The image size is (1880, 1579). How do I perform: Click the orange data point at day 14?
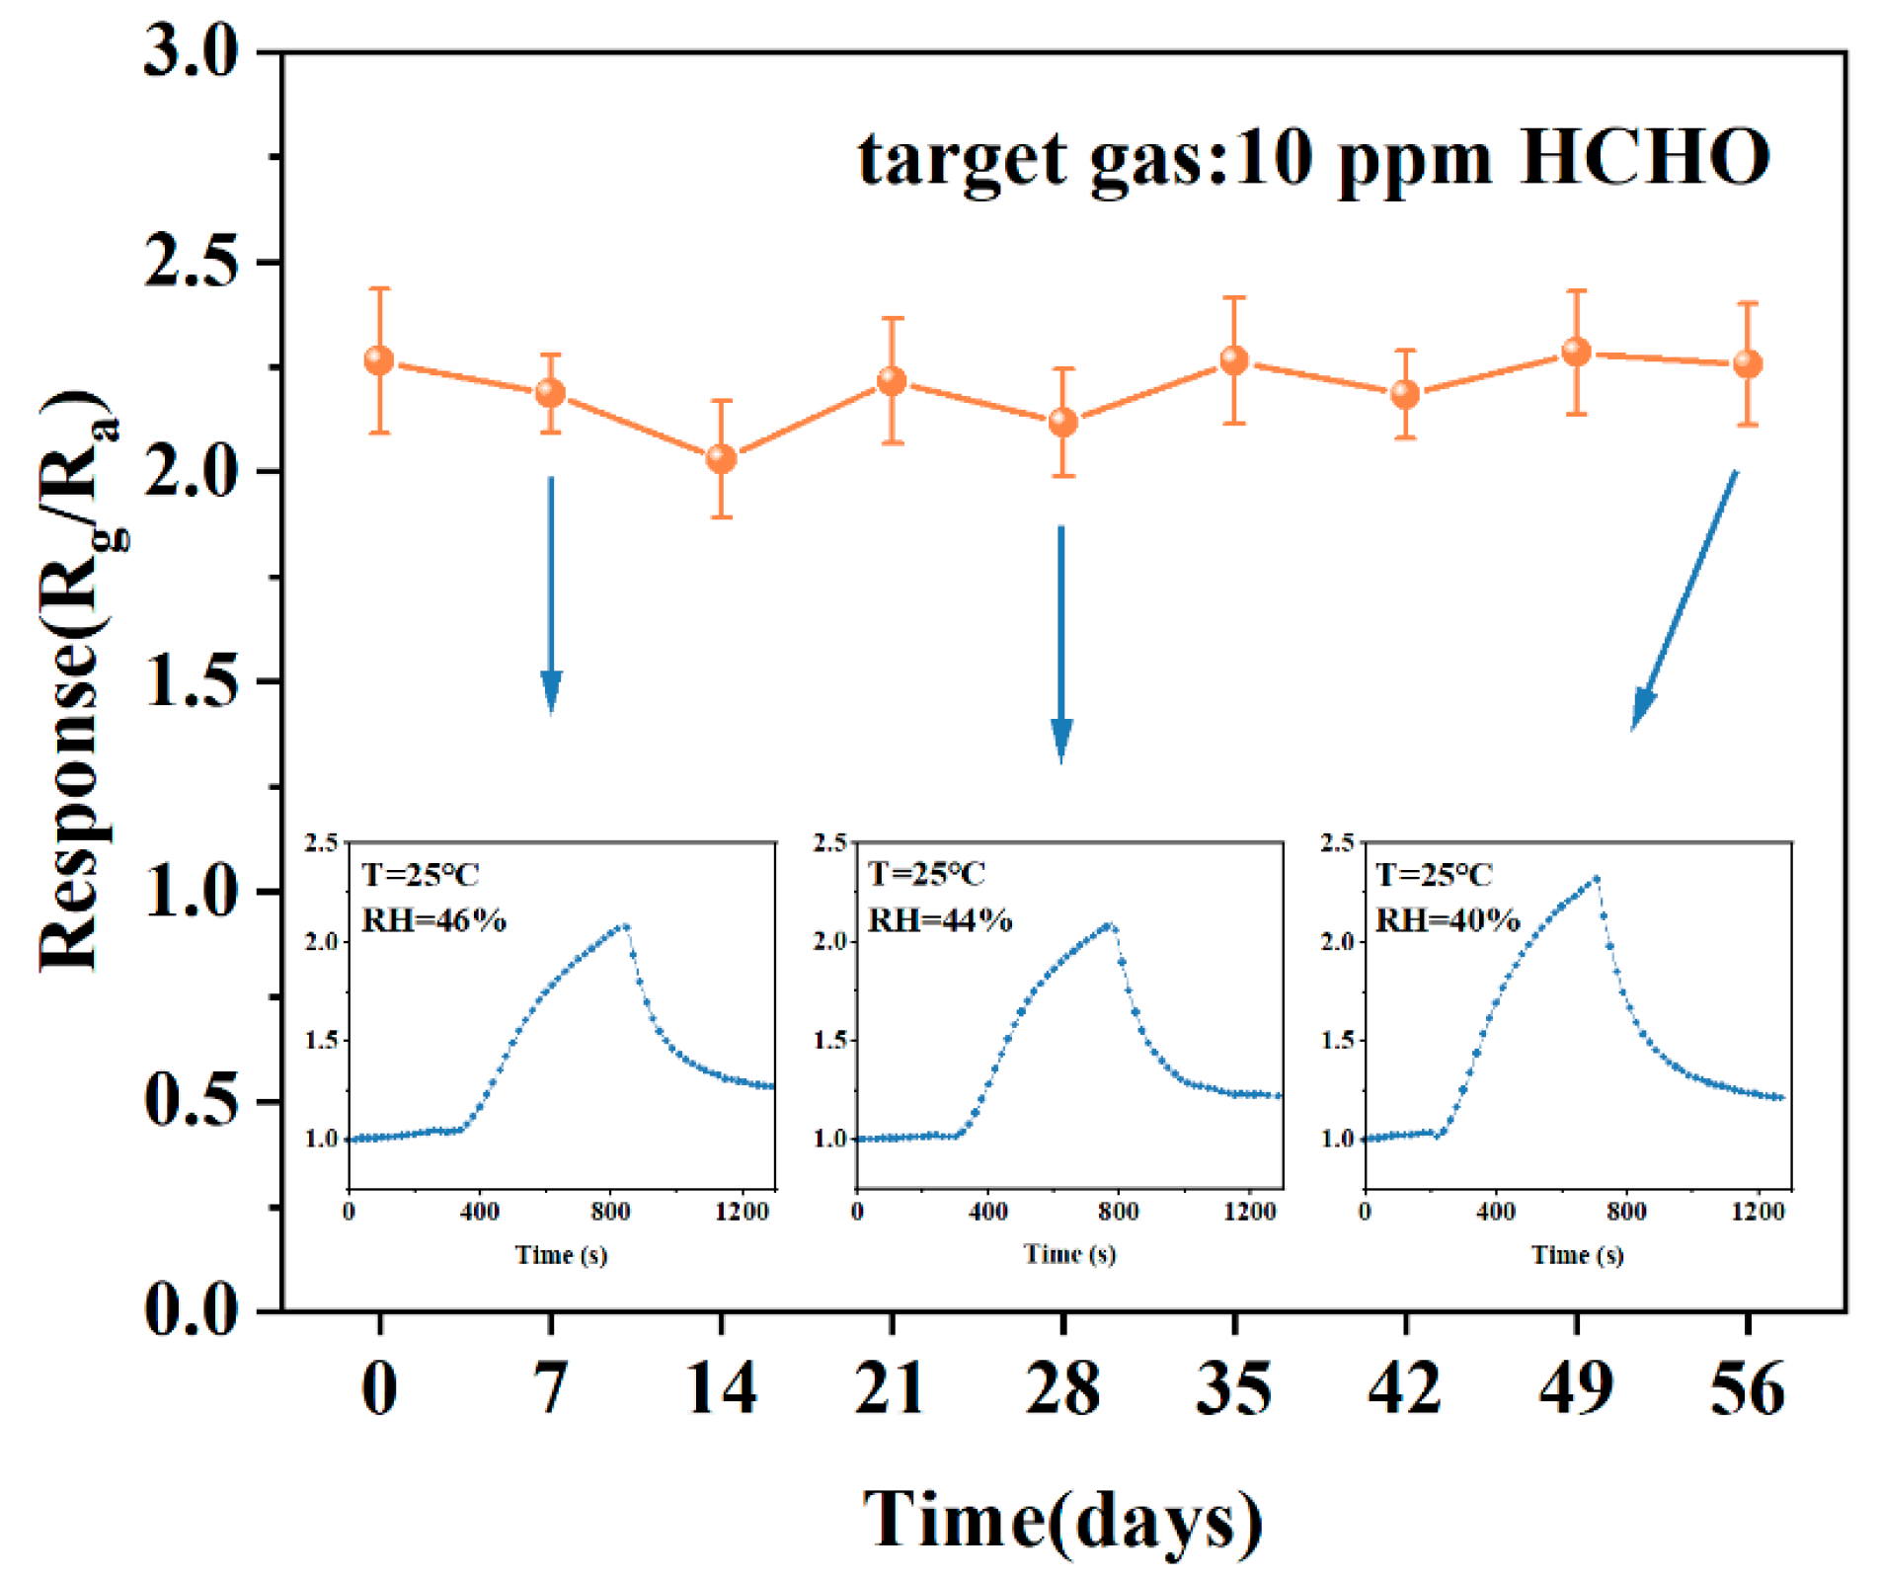click(x=722, y=458)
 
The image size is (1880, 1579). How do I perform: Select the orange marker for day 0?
click(x=379, y=360)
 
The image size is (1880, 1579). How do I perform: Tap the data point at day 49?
click(x=1577, y=352)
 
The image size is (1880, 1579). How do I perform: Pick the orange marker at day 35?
click(x=1234, y=360)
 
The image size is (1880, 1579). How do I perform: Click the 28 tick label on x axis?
click(x=1062, y=1388)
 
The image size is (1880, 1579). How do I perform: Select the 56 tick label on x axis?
click(x=1747, y=1388)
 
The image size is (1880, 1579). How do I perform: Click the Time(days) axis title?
click(x=1062, y=1520)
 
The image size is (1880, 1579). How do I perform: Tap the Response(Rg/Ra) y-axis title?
click(x=79, y=681)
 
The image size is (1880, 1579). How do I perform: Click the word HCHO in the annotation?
click(x=1645, y=158)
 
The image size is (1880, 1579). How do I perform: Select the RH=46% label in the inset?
click(x=433, y=920)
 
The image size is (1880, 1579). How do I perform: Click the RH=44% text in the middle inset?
click(x=940, y=920)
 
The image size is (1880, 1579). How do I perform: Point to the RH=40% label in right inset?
click(x=1448, y=920)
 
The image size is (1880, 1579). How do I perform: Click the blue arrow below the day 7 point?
click(x=551, y=592)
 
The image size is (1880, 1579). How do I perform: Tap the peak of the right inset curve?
click(x=1596, y=877)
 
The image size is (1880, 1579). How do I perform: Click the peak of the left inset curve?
click(x=625, y=926)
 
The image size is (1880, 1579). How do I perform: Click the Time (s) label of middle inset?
click(x=1069, y=1254)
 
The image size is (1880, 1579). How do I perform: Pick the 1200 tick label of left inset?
click(x=742, y=1212)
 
